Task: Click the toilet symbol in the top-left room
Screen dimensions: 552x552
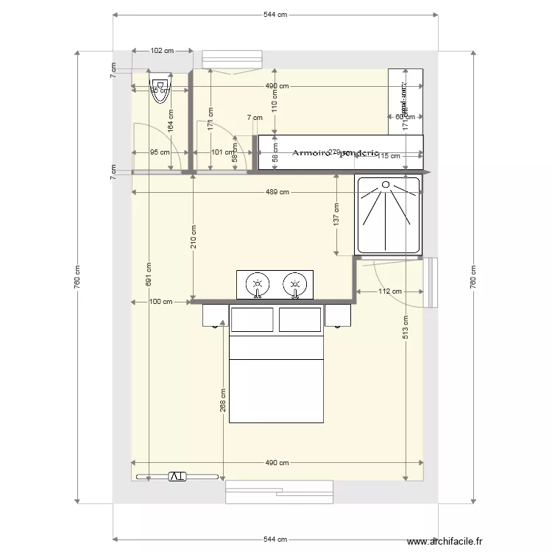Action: click(160, 89)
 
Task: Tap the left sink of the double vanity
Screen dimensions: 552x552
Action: click(256, 283)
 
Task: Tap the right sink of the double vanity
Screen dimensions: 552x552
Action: click(294, 283)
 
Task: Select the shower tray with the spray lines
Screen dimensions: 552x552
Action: click(388, 215)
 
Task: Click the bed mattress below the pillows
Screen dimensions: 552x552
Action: click(277, 390)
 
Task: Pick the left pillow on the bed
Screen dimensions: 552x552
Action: click(252, 319)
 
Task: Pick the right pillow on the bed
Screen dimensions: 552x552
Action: click(300, 319)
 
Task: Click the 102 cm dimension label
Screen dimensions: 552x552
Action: click(162, 51)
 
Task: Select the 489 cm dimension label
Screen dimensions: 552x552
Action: click(277, 192)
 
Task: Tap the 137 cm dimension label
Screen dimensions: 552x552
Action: click(336, 219)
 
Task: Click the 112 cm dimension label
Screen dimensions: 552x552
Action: click(391, 291)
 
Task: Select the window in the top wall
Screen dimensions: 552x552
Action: click(232, 59)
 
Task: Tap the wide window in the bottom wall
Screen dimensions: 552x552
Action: click(280, 491)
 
